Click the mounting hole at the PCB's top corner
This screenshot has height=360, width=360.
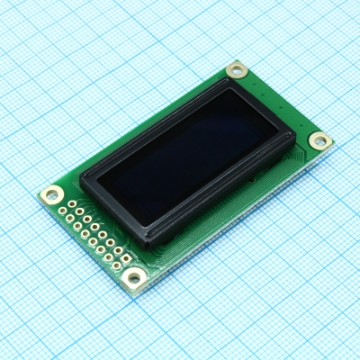(x=236, y=68)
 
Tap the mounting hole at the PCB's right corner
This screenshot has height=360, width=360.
(x=319, y=140)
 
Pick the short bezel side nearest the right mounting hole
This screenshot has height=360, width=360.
(x=265, y=106)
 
